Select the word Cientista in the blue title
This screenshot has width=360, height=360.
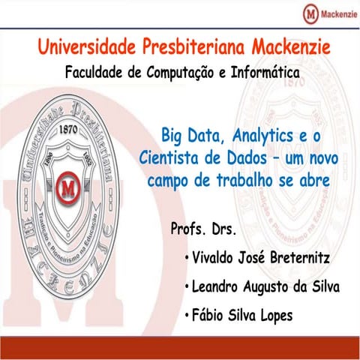point(169,159)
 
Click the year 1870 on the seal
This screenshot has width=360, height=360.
point(70,128)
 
